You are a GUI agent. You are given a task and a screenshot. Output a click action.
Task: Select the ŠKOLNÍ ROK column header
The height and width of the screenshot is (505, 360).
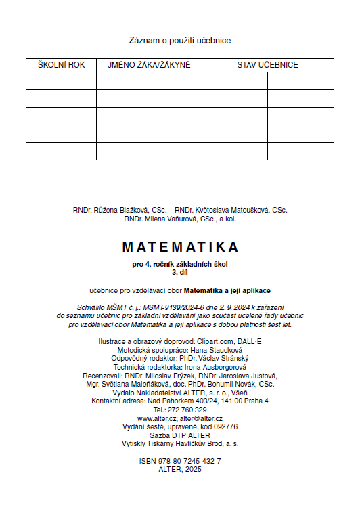61,65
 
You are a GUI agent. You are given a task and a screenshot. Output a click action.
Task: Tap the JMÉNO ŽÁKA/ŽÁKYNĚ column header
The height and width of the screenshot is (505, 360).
149,65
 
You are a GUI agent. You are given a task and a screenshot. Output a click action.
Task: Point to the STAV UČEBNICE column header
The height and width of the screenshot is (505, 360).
267,65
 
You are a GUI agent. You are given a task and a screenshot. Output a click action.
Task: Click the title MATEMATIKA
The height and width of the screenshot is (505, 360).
180,246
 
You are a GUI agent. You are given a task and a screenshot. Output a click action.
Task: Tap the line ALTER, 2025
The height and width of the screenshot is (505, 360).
180,468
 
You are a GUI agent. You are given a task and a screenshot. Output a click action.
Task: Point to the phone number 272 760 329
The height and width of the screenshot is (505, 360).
189,410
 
